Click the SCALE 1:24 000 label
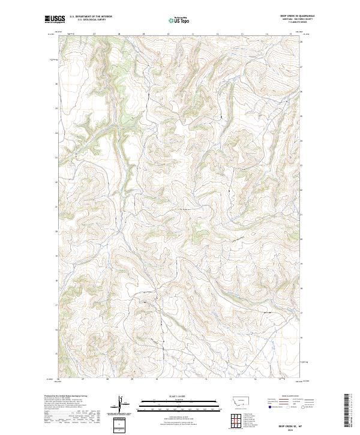pyautogui.click(x=179, y=396)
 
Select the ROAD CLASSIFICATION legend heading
pyautogui.click(x=289, y=397)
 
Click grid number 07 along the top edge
pyautogui.click(x=95, y=34)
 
